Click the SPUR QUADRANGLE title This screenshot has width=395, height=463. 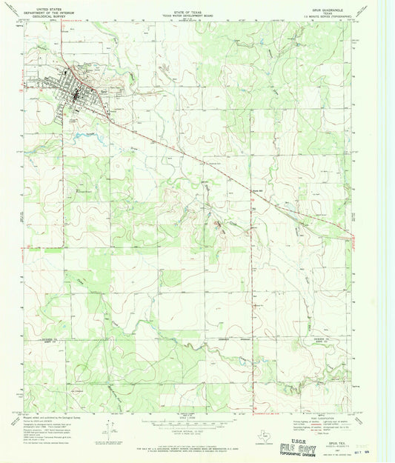[327, 4]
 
